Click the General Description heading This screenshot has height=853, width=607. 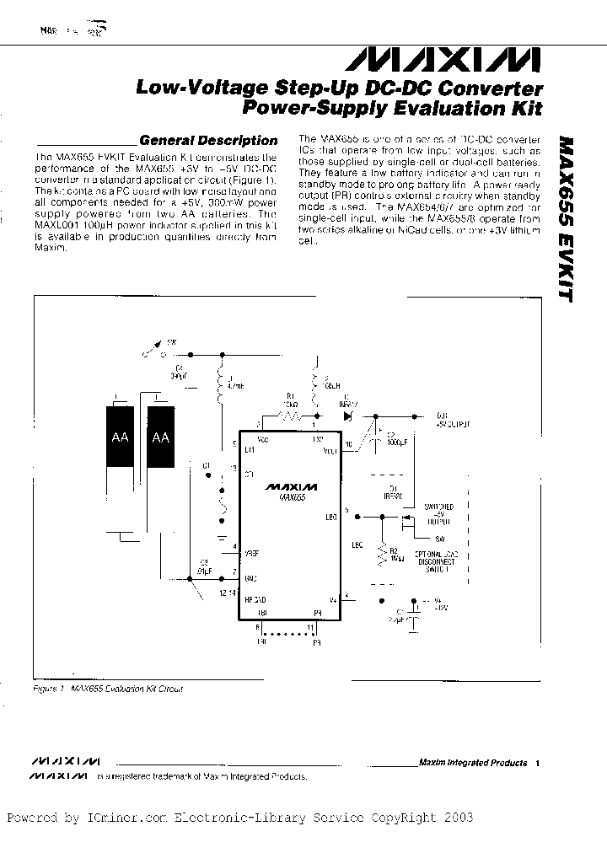tap(207, 141)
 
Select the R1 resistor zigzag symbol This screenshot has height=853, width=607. tap(291, 416)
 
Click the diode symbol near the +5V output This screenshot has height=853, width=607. tap(347, 416)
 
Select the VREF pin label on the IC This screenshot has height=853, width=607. tap(250, 554)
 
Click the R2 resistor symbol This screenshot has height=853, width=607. tap(384, 554)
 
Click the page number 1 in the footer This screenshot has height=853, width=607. tap(536, 763)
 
